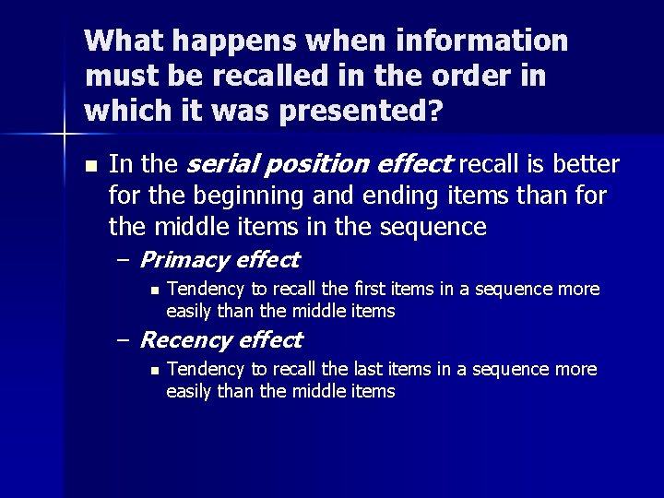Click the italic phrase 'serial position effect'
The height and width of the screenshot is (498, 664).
click(x=319, y=164)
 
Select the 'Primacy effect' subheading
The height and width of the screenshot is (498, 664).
click(x=219, y=259)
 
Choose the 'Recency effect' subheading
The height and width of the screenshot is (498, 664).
click(x=220, y=339)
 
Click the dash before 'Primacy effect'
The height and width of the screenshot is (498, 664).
click(x=123, y=260)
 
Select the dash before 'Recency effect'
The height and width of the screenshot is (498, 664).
click(x=123, y=340)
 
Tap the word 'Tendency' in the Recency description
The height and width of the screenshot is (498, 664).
click(x=201, y=370)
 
